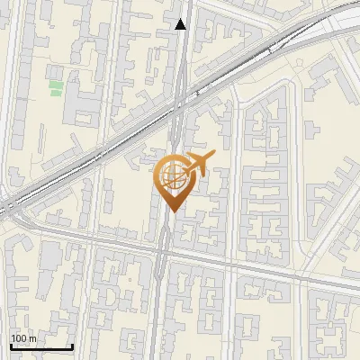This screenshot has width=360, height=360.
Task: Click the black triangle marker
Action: [x=182, y=24]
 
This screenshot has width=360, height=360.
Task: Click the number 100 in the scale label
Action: [x=20, y=338]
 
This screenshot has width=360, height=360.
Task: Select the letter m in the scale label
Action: [x=34, y=338]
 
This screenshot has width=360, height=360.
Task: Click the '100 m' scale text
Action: [x=24, y=338]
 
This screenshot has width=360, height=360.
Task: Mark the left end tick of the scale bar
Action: [x=11, y=346]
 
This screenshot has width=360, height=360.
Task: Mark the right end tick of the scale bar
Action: [x=72, y=346]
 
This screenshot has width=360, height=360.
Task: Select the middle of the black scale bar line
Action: [x=41, y=347]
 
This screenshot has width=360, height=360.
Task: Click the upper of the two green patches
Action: [x=56, y=85]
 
